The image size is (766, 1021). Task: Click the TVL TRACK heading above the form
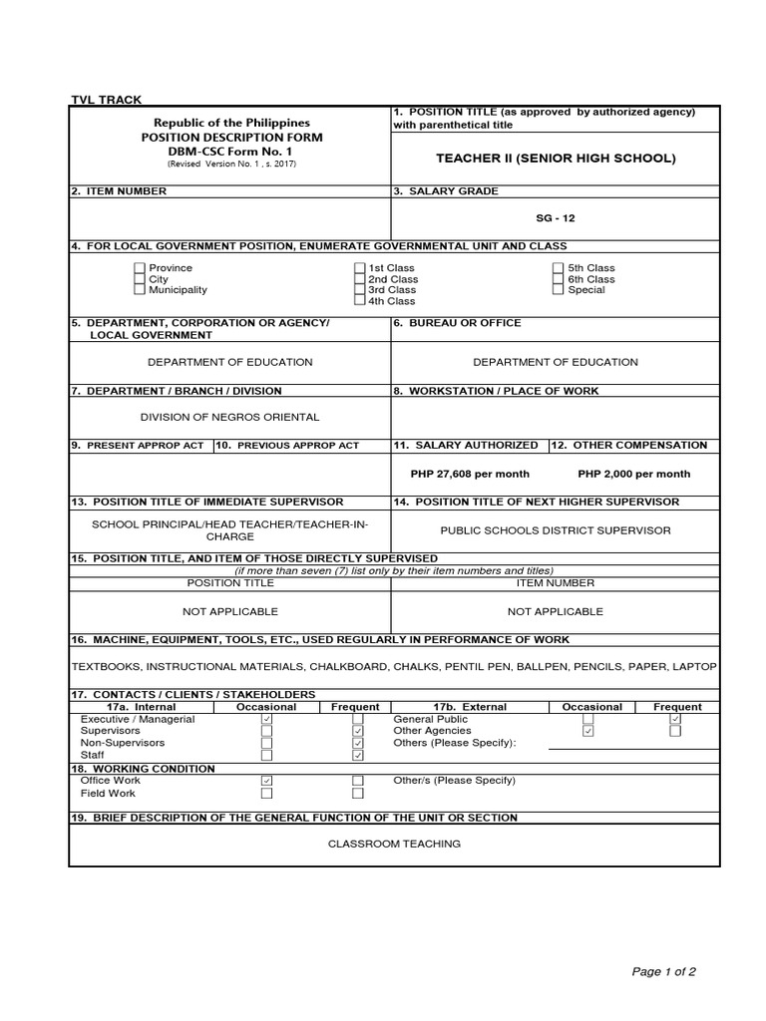coord(106,100)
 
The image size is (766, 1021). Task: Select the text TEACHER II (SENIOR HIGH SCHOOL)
coord(556,159)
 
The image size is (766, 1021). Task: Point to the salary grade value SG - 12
coord(555,218)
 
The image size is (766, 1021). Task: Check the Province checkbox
coord(140,268)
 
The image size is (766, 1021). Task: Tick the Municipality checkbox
coord(140,290)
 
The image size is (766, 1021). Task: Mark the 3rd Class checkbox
coord(360,290)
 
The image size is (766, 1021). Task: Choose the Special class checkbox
coord(559,290)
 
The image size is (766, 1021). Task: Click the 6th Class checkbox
coord(559,279)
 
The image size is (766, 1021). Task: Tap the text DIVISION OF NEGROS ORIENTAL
coord(229,417)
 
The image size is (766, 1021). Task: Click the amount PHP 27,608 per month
coord(470,474)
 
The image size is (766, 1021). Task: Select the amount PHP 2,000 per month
coord(633,474)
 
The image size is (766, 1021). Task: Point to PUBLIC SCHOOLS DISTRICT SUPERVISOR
coord(556,530)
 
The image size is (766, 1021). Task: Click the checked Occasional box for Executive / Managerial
coord(266,719)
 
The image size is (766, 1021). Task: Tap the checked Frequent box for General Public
coord(675,719)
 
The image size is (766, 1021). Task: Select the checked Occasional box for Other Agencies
coord(588,731)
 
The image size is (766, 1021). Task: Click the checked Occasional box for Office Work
coord(266,781)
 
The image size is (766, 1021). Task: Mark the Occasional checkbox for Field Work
coord(266,794)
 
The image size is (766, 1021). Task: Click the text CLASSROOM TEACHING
coord(395,844)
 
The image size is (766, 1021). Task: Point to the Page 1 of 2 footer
coord(664,971)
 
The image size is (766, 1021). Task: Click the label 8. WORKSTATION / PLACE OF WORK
coord(496,391)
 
